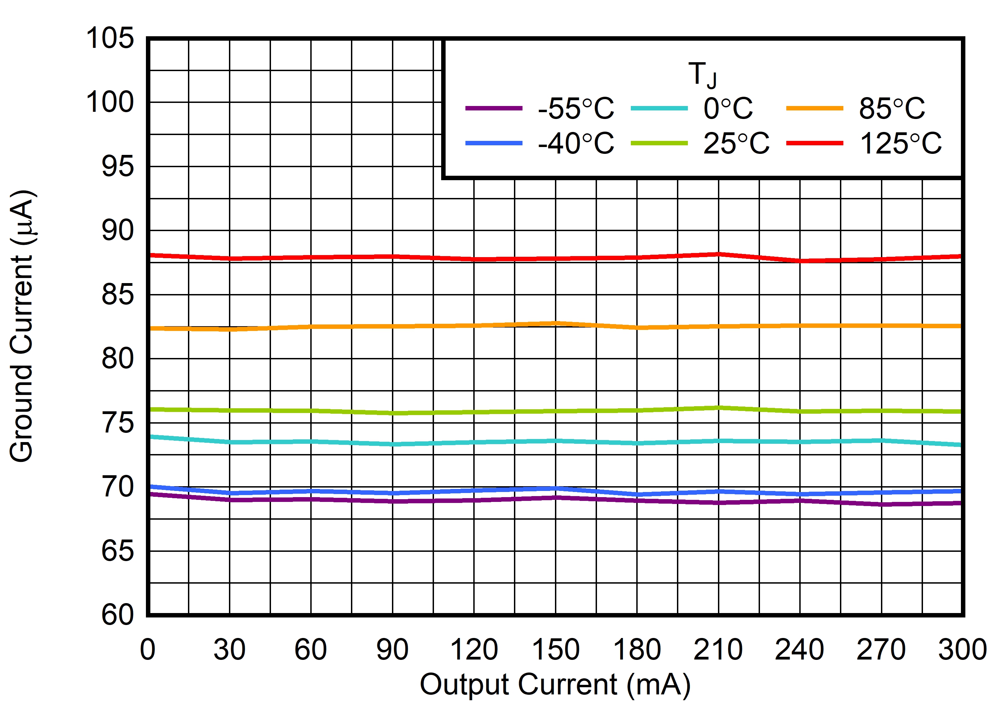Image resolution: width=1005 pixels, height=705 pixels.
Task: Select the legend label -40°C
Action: coord(575,143)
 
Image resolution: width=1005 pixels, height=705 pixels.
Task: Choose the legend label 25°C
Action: coord(736,143)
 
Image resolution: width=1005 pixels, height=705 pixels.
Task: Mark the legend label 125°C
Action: coord(900,143)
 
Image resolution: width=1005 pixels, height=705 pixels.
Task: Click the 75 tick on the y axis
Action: coord(117,423)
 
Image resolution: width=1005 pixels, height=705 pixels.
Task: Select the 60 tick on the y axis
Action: coord(117,615)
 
